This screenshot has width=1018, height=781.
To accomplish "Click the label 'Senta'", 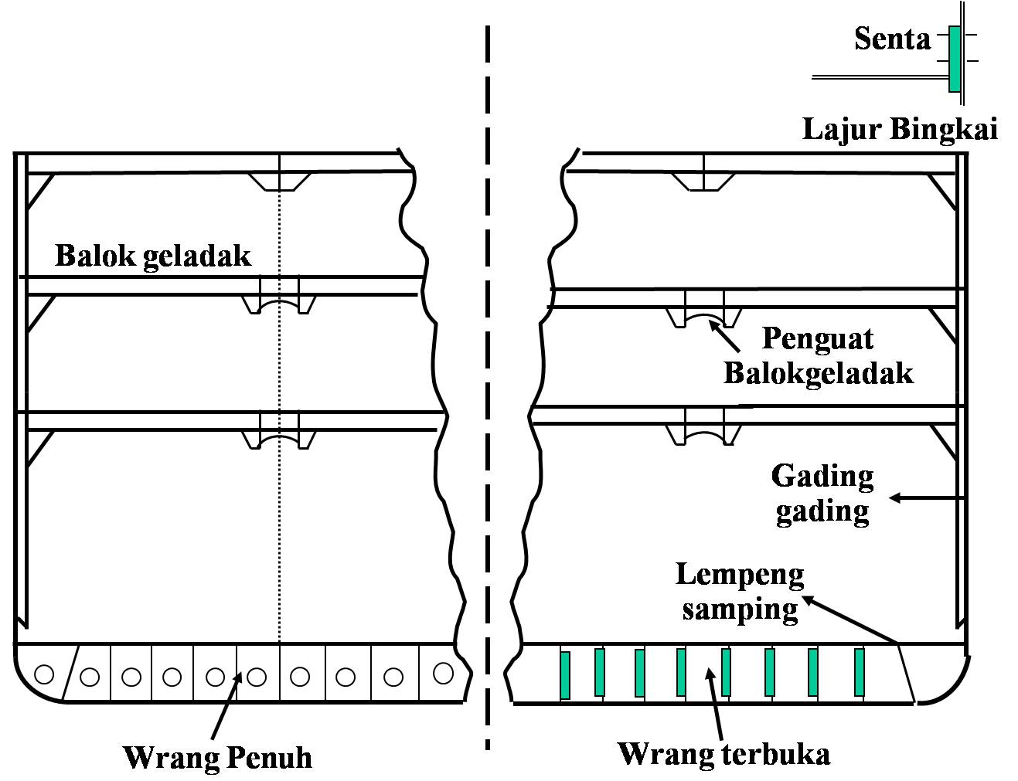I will point(892,38).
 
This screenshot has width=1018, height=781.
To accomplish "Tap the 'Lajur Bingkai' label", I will point(900,129).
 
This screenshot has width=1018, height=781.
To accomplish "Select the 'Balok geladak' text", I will point(153,256).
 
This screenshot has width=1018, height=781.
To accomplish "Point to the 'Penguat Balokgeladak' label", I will point(818,356).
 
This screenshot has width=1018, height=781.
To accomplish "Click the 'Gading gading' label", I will point(822,494).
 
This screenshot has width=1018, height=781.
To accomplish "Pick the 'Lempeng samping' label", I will point(740,592).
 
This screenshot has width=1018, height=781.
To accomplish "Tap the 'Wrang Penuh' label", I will point(218,757).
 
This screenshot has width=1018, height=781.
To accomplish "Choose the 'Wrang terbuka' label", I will point(723,753).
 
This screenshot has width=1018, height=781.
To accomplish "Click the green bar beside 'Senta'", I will point(955,59).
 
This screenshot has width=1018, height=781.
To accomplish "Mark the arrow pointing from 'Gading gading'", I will point(928,498).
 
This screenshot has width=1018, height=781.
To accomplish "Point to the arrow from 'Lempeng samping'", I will point(850,619).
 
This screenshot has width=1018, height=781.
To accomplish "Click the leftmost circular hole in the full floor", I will point(45,674).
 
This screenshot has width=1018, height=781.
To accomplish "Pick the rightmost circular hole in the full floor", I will point(443,674).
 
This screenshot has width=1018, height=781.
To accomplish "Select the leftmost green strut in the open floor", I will point(565,675).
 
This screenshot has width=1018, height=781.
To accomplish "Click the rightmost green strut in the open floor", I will point(859,672).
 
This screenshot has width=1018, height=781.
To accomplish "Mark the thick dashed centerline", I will point(487,386).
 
